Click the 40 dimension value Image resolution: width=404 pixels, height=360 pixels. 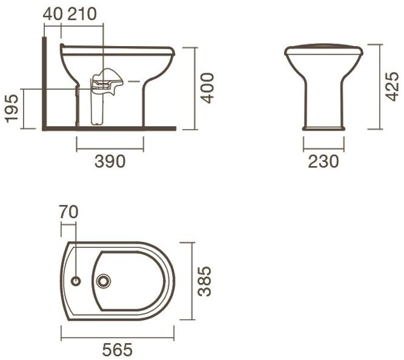tap(53, 14)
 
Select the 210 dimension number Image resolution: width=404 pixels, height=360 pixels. tap(82, 14)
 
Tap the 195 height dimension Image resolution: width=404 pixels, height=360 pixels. tap(12, 108)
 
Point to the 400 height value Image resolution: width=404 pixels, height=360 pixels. tap(207, 88)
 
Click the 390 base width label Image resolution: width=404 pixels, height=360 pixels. tap(110, 161)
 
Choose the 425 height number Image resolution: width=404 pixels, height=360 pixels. tap(392, 87)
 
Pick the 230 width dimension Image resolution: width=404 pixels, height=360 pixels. tap(323, 161)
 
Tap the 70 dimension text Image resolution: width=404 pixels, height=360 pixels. tap(68, 212)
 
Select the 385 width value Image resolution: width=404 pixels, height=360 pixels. tap(205, 281)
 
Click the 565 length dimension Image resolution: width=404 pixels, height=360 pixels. tap(118, 350)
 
